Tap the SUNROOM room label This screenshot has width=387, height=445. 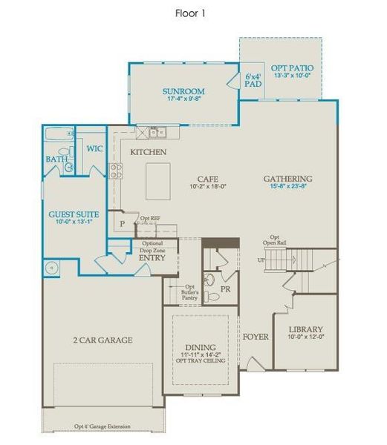[x=183, y=92]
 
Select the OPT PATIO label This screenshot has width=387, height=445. [x=292, y=68]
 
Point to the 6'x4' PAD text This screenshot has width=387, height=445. [x=253, y=80]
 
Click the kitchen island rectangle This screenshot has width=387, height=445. [x=157, y=182]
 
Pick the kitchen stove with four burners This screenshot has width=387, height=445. [x=116, y=171]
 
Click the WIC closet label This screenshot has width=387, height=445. [x=94, y=148]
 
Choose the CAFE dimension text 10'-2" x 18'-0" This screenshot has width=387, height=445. [x=206, y=187]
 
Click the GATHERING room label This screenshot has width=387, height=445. [x=287, y=179]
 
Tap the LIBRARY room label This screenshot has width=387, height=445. [x=305, y=329]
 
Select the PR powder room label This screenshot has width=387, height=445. [x=225, y=289]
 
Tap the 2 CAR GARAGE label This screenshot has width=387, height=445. [x=103, y=340]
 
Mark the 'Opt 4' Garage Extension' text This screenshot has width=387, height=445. [x=102, y=426]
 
